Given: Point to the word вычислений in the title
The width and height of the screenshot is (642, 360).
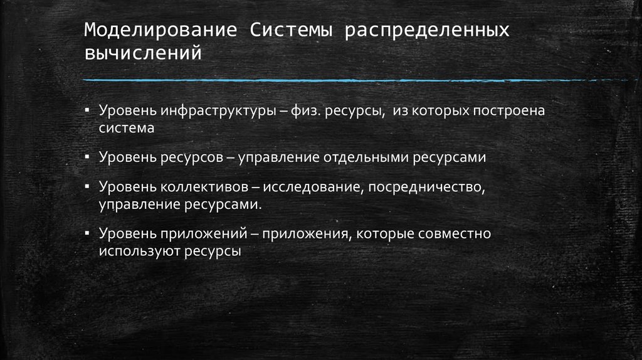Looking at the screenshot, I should [x=143, y=53].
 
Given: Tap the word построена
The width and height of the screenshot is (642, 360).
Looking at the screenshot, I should [x=515, y=111].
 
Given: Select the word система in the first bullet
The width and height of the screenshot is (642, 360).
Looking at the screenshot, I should [x=125, y=127].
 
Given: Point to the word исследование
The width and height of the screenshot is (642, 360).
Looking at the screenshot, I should [x=310, y=188].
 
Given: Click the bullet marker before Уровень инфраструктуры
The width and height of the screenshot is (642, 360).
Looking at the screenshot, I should [x=88, y=110].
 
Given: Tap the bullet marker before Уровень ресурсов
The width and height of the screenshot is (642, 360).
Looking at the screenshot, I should [x=88, y=157].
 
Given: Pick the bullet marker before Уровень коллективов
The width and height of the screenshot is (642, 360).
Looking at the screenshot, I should [x=88, y=187].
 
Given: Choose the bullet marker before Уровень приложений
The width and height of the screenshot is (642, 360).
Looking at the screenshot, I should [x=88, y=233].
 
